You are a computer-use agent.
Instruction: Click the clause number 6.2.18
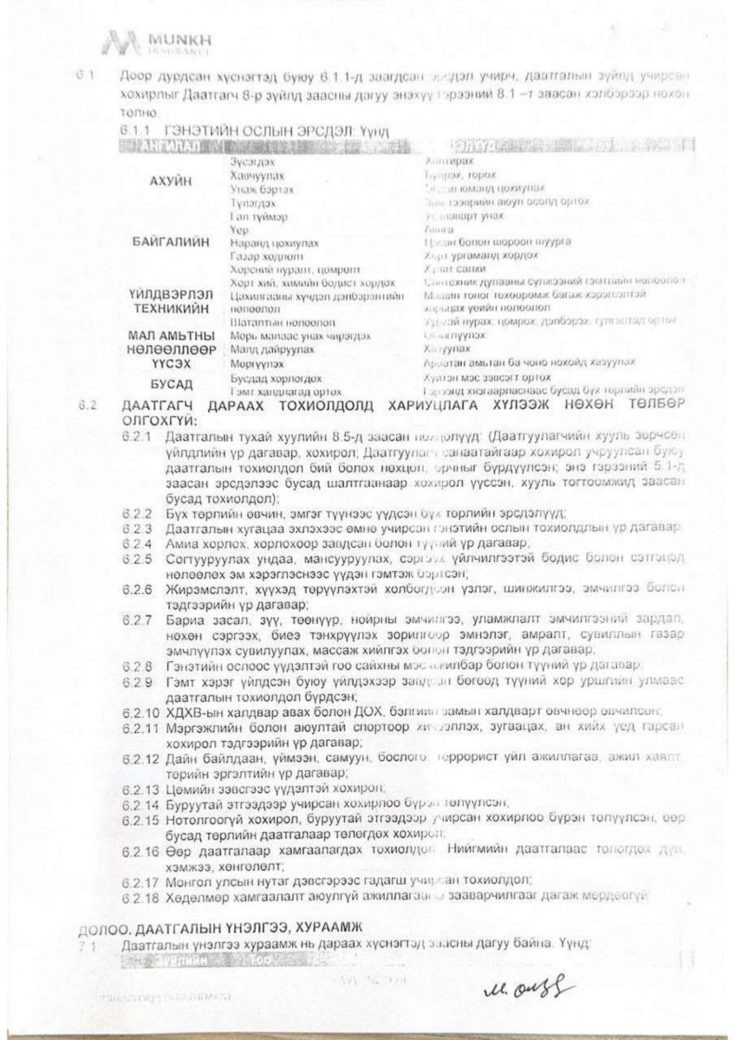click(140, 895)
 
